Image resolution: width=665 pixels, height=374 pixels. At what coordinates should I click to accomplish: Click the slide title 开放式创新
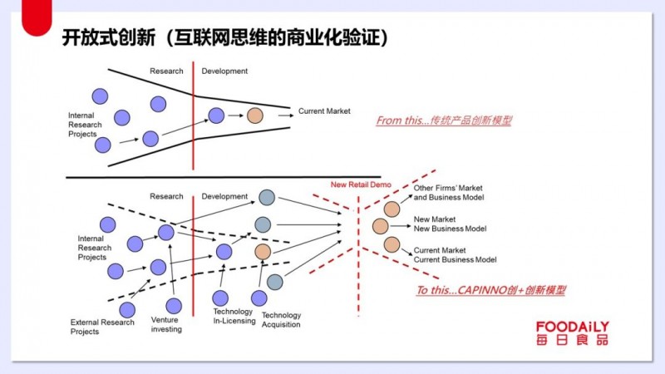click(x=109, y=37)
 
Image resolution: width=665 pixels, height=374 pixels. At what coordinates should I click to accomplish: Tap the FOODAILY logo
click(x=572, y=333)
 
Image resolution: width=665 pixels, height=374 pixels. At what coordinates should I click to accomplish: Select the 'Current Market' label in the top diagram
click(x=324, y=111)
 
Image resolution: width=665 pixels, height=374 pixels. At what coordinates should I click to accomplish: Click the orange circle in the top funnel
click(x=255, y=116)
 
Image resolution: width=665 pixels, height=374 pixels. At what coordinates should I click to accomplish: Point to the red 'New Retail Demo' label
click(x=361, y=185)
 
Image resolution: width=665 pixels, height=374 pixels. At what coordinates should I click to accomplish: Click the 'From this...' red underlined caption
click(x=444, y=121)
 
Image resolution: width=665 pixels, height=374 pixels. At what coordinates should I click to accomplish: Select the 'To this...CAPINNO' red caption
click(x=491, y=290)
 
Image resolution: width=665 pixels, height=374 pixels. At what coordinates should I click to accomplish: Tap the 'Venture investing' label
click(x=166, y=324)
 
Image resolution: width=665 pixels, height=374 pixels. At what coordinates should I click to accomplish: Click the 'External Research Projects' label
click(x=102, y=327)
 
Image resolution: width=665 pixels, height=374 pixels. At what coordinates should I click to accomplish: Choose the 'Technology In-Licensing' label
click(x=234, y=317)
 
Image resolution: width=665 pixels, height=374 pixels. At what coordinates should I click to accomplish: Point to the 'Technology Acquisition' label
click(x=281, y=320)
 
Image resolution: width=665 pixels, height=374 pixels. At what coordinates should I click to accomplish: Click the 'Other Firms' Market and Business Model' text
click(x=449, y=193)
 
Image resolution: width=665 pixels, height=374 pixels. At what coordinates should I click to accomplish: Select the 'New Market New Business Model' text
click(x=450, y=224)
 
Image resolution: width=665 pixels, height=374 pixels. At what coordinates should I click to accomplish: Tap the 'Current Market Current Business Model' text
click(x=455, y=255)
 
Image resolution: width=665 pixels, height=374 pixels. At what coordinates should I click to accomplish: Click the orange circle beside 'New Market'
click(x=381, y=226)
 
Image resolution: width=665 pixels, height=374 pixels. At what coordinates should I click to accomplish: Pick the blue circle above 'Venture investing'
click(x=174, y=306)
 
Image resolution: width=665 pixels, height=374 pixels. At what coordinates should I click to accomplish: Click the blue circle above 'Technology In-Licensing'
click(x=220, y=298)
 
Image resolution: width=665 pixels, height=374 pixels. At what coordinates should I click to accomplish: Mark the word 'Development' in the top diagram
click(x=224, y=71)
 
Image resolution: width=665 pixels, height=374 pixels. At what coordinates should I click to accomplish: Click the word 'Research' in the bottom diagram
click(x=166, y=196)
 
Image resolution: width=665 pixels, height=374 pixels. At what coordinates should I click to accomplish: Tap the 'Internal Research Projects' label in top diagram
click(x=85, y=125)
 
